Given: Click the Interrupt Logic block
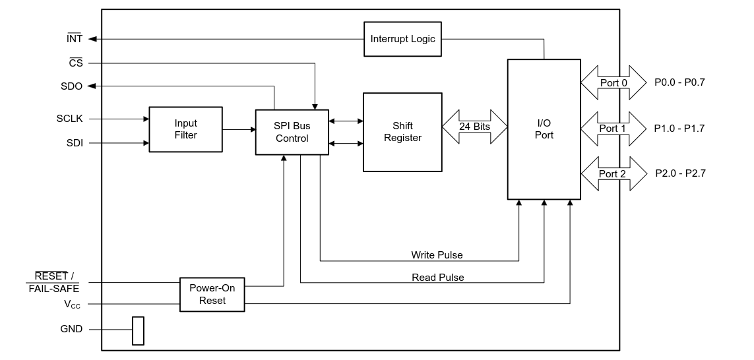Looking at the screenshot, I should click(x=402, y=39).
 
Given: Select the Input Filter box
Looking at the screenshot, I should click(x=185, y=129).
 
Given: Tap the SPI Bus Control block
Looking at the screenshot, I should click(x=292, y=132).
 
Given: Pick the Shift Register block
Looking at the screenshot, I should click(x=402, y=132).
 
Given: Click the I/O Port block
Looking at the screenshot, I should click(x=544, y=129).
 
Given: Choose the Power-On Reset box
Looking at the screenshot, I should click(x=212, y=294).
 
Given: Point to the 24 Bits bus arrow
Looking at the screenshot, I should click(x=474, y=126).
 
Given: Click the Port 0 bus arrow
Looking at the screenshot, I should click(x=613, y=83).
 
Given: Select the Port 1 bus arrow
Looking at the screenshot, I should click(x=613, y=129).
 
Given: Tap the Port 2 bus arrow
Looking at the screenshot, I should click(x=613, y=174).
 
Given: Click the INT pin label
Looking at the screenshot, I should click(x=75, y=39).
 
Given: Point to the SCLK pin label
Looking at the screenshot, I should click(x=69, y=119).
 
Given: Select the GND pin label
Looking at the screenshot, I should click(x=71, y=329).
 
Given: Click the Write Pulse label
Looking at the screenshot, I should click(x=437, y=255).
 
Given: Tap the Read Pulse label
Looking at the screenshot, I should click(x=437, y=278).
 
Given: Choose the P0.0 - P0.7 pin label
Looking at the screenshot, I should click(x=679, y=83).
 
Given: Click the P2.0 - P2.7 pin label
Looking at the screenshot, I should click(x=679, y=174).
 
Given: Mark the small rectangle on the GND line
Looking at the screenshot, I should click(x=138, y=330).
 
